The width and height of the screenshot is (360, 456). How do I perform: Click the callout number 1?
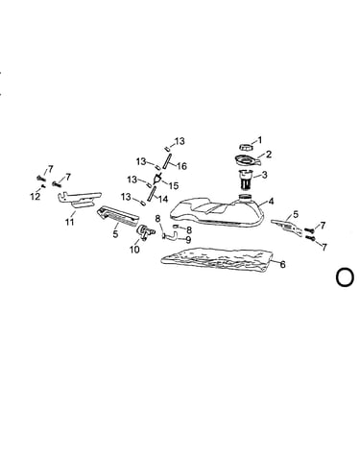click(x=259, y=140)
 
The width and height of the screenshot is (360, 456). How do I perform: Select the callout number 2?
click(x=269, y=155)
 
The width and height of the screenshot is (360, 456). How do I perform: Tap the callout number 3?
click(x=264, y=175)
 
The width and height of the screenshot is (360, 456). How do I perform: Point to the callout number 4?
click(x=271, y=202)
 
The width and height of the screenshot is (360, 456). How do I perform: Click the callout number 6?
click(x=282, y=264)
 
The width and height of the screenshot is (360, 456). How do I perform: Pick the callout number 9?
click(x=188, y=239)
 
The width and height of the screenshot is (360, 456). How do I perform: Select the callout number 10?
click(x=134, y=250)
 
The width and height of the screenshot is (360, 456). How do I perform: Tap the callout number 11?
click(x=70, y=222)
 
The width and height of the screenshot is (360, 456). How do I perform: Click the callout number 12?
click(x=36, y=197)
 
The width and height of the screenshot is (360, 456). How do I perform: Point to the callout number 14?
click(x=163, y=199)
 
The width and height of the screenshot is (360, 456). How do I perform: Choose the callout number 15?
click(x=173, y=185)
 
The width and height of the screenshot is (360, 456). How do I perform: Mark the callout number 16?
click(x=181, y=166)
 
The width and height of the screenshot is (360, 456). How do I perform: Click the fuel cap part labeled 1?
click(x=246, y=147)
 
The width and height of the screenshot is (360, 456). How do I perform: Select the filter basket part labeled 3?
click(x=246, y=180)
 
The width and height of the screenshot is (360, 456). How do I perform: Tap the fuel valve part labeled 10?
click(x=144, y=231)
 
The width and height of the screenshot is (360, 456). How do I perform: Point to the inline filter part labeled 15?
click(x=157, y=178)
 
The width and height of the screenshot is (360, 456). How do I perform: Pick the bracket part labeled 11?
click(x=79, y=199)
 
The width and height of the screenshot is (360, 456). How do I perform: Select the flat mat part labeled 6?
click(x=217, y=259)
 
